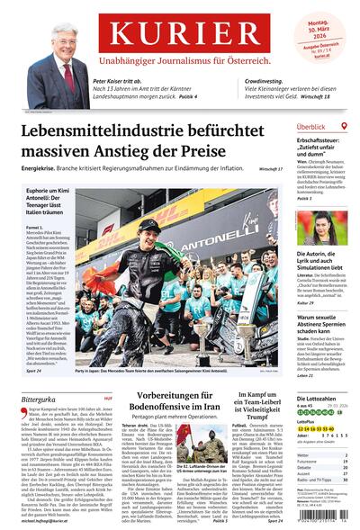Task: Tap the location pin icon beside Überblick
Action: [x=345, y=127]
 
